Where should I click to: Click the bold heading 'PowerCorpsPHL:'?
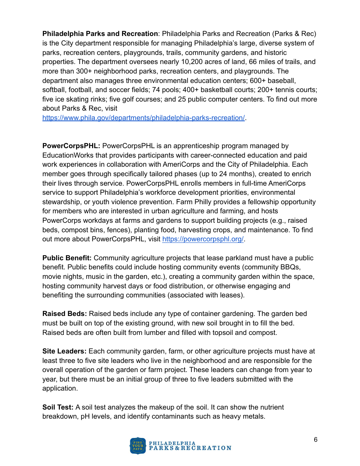[x=71, y=146]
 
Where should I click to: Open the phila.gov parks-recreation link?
[x=144, y=118]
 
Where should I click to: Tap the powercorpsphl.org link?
[x=203, y=239]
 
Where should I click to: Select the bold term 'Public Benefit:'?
[x=67, y=258]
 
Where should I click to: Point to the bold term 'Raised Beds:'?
[x=65, y=314]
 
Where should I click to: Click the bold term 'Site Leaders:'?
[x=64, y=351]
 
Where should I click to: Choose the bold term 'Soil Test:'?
[x=58, y=407]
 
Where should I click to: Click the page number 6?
[x=315, y=439]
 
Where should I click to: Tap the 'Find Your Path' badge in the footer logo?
[x=138, y=446]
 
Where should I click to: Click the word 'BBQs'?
[x=293, y=267]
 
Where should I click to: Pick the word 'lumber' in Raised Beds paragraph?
[x=134, y=333]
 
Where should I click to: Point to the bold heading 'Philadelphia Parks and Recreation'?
[x=100, y=34]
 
